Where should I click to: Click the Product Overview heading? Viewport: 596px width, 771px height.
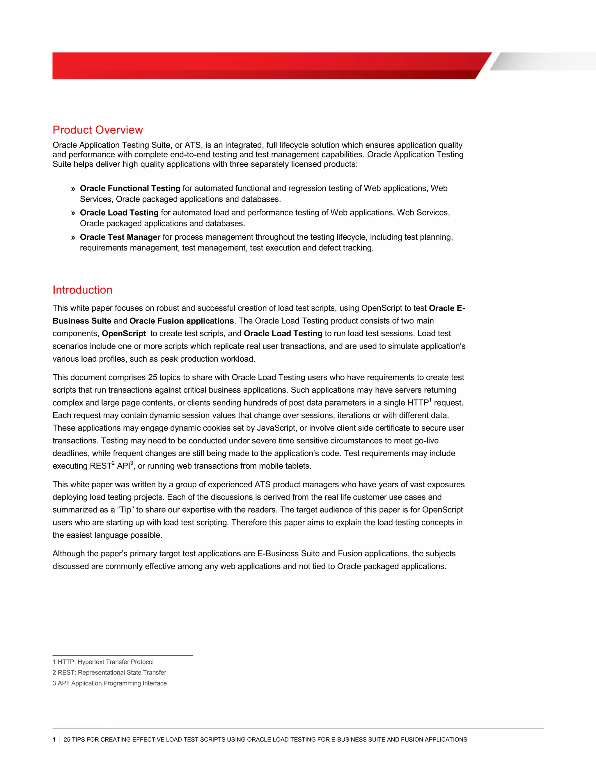(97, 130)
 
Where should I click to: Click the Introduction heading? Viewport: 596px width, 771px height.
(82, 290)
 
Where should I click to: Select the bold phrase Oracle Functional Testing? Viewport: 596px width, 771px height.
(130, 189)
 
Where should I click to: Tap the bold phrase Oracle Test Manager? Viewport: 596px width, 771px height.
(120, 237)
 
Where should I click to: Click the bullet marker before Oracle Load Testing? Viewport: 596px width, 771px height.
(73, 213)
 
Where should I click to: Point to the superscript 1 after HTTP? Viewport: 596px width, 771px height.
(430, 400)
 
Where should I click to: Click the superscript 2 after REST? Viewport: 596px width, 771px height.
(113, 463)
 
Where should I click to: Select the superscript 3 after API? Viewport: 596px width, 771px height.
(132, 463)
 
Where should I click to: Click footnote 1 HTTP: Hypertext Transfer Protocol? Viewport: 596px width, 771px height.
(103, 662)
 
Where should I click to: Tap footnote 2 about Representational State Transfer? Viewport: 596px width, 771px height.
(109, 672)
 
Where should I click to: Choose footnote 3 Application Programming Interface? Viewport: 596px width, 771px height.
(109, 683)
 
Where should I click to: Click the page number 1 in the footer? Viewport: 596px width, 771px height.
(54, 740)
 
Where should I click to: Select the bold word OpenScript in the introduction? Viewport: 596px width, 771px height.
(124, 334)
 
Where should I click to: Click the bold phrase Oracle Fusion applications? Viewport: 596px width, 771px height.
(182, 321)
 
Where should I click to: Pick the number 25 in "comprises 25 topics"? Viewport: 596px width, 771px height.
(152, 377)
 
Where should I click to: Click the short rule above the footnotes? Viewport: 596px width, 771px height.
(123, 655)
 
